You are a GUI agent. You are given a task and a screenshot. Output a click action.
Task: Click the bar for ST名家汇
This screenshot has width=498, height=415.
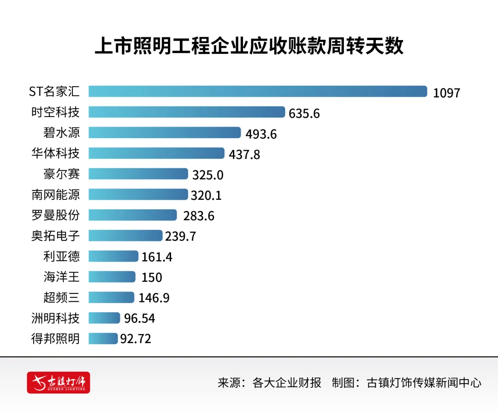[x=258, y=91]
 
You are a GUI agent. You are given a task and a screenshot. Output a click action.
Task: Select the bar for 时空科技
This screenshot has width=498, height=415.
[x=187, y=112]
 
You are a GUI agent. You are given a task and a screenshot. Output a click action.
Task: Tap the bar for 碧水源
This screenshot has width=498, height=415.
[x=165, y=133]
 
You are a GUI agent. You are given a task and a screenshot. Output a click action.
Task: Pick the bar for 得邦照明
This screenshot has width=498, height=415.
[x=103, y=339]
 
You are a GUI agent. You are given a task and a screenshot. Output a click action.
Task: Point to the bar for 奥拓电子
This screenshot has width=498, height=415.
[x=125, y=235]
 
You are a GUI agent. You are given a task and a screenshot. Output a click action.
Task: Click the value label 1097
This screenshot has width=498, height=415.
[x=446, y=93]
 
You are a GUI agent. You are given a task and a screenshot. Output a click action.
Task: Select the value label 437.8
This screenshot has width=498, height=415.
[x=244, y=155]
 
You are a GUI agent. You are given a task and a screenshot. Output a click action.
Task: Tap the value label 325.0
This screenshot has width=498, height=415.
[x=208, y=175]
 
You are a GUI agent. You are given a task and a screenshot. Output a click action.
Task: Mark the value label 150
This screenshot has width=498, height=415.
[x=152, y=278]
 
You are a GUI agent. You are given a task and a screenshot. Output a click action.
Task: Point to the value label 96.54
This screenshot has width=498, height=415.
[x=139, y=319]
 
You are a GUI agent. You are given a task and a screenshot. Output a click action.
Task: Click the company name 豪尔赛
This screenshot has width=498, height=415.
[x=61, y=174]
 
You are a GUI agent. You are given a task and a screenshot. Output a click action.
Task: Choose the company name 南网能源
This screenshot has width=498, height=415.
[x=55, y=194]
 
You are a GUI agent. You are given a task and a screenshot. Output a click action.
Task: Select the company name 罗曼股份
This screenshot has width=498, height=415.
[x=55, y=215]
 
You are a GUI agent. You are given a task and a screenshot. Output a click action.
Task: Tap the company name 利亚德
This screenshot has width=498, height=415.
[x=61, y=256]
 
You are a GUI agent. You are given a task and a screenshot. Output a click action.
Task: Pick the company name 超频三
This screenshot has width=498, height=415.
[x=61, y=298]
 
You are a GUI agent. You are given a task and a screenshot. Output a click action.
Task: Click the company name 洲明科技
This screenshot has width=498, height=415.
[x=55, y=318]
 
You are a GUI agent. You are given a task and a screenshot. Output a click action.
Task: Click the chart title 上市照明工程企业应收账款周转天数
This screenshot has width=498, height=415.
[x=249, y=46]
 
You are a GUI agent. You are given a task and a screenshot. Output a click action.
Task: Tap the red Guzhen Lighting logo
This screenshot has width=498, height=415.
[x=59, y=382]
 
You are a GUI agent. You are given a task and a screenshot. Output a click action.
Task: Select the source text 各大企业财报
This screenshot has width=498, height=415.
[x=287, y=383]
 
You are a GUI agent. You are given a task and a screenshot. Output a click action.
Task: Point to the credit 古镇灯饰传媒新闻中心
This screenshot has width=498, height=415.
[x=424, y=383]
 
